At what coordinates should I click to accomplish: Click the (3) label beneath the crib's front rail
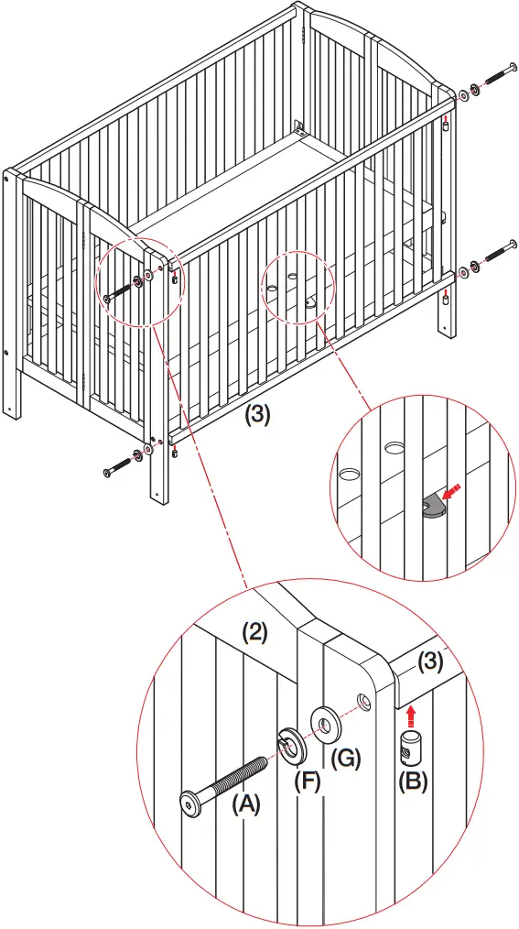coord(258,413)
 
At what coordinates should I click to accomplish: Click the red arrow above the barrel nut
coord(410,710)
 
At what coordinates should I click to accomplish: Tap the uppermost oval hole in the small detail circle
coord(396,446)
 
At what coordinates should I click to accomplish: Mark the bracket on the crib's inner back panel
coord(298,126)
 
